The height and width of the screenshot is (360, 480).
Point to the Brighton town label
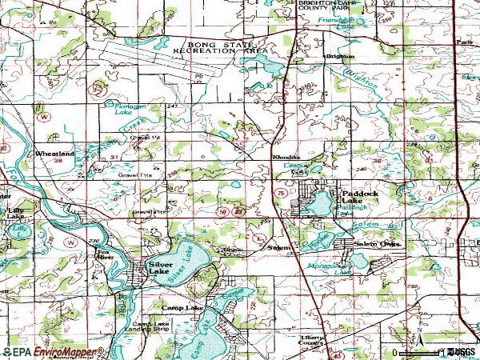coord(338,57)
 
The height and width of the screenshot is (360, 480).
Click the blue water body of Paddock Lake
coord(318,204)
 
